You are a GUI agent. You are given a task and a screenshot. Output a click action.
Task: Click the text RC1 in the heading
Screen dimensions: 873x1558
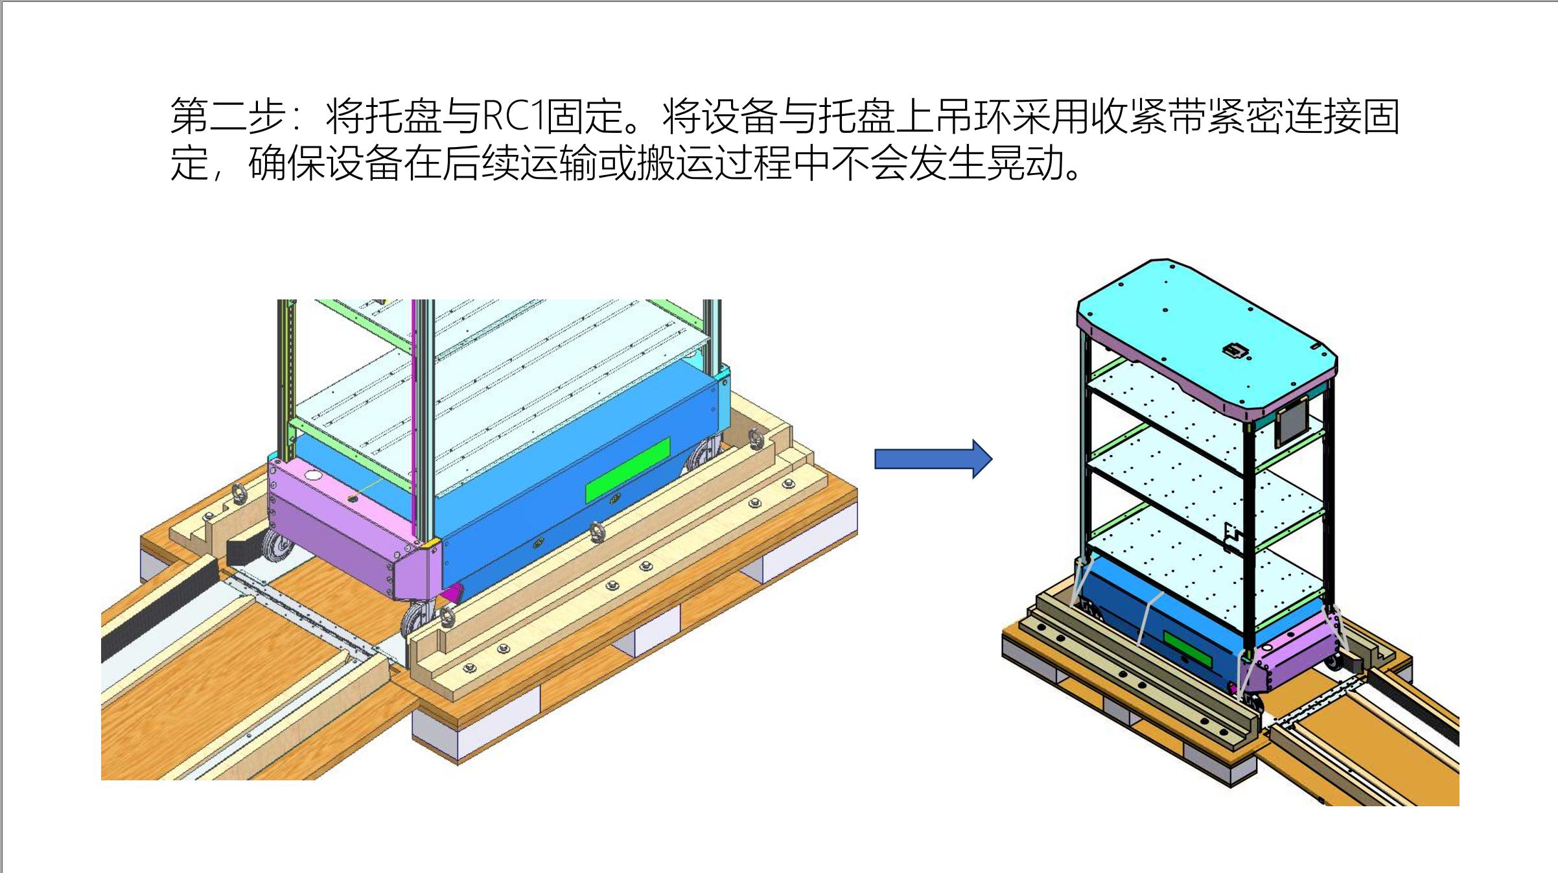point(512,117)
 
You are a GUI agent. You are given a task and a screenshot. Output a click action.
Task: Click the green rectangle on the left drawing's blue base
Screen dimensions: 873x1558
point(627,470)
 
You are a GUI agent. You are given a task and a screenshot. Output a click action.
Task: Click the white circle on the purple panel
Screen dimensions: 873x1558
point(313,475)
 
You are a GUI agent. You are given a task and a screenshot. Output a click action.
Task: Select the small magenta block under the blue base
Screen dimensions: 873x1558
point(454,592)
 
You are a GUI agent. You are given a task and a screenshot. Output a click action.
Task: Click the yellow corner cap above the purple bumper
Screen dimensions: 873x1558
point(428,542)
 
